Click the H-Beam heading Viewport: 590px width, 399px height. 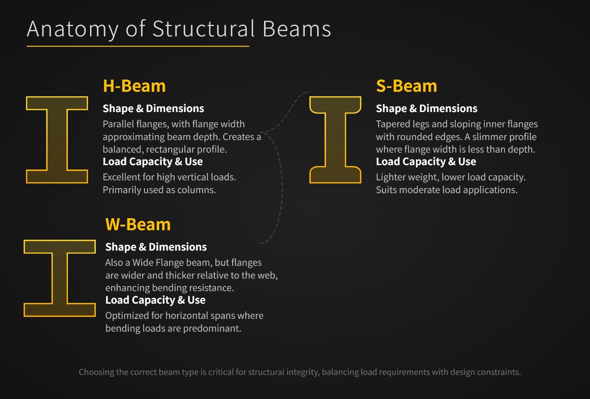[x=134, y=86]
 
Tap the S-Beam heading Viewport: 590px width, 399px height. [x=406, y=86]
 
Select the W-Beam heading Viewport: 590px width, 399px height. [x=138, y=225]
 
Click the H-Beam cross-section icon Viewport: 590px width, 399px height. [x=57, y=140]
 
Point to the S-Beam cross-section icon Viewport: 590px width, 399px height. [x=335, y=140]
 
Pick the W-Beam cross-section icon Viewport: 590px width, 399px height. [x=59, y=278]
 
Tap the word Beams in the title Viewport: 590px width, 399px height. [x=296, y=29]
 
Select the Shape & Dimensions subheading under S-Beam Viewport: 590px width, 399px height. [x=426, y=109]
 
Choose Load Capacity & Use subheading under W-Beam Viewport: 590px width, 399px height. [x=155, y=300]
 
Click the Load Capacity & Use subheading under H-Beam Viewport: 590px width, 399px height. [x=152, y=162]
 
